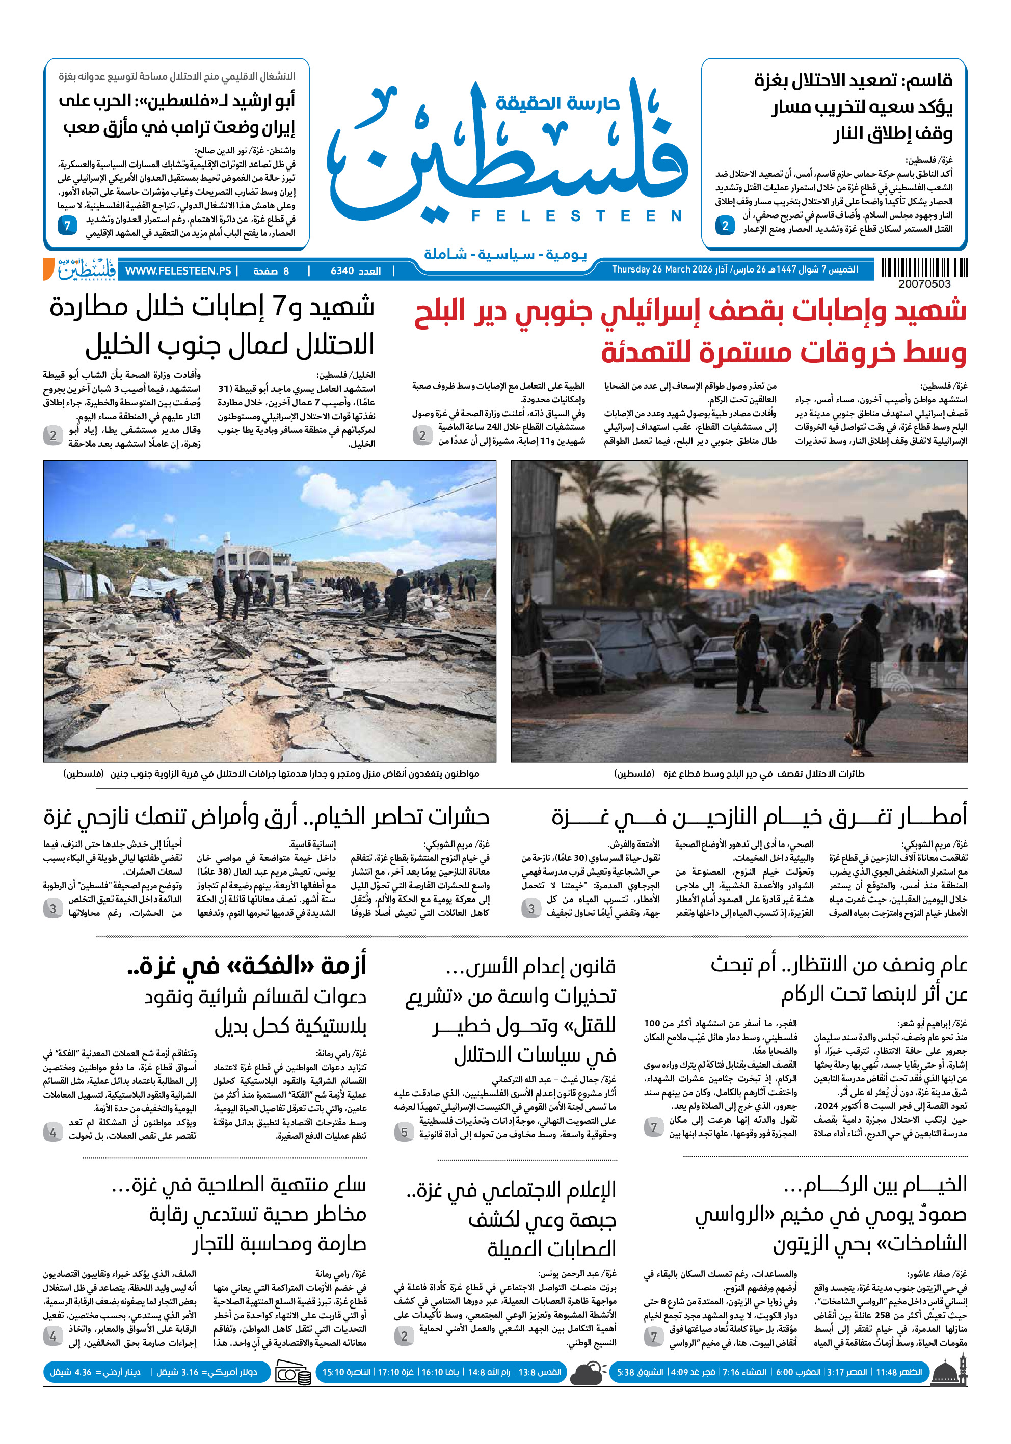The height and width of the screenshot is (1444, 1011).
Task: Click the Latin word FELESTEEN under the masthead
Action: pyautogui.click(x=576, y=216)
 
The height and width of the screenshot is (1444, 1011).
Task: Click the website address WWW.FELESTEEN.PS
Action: pyautogui.click(x=178, y=271)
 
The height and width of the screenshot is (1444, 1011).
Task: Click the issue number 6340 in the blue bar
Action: pyautogui.click(x=342, y=271)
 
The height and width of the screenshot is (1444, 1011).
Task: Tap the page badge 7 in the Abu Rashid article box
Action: pyautogui.click(x=67, y=225)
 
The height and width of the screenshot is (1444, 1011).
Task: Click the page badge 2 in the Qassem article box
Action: pyautogui.click(x=725, y=225)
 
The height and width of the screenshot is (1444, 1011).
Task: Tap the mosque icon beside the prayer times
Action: pyautogui.click(x=949, y=1372)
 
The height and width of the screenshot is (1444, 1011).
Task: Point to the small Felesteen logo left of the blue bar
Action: pyautogui.click(x=86, y=269)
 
